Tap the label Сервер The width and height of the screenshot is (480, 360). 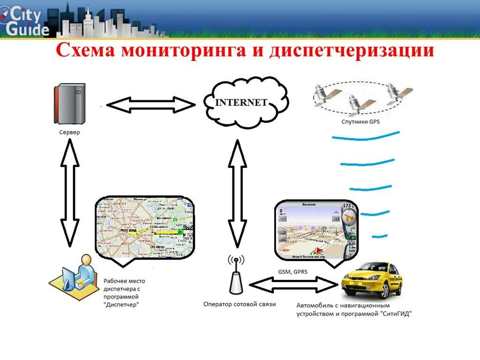click(x=69, y=132)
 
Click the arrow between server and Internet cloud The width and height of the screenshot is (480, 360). click(x=150, y=105)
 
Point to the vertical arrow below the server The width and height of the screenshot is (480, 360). click(x=69, y=192)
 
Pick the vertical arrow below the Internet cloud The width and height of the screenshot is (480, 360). click(x=237, y=192)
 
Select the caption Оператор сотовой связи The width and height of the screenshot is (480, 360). click(x=240, y=304)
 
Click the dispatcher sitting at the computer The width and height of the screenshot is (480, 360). click(x=77, y=279)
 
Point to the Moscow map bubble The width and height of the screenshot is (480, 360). click(x=144, y=227)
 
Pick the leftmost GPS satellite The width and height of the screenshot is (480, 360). click(x=323, y=94)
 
